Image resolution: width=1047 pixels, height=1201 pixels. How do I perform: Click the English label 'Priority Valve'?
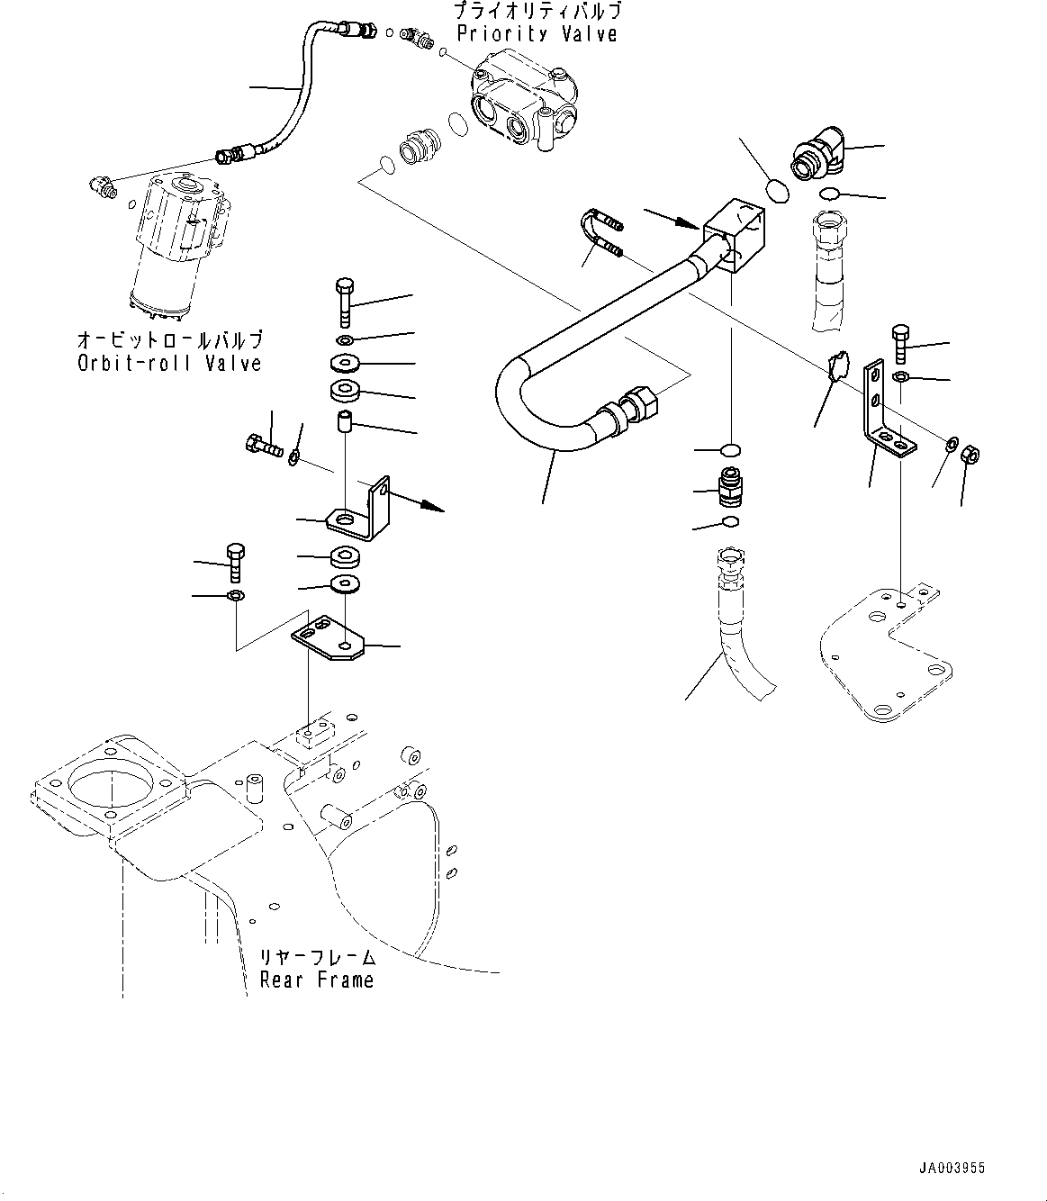coord(537,34)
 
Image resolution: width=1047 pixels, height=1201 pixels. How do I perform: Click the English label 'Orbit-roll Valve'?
coord(168,363)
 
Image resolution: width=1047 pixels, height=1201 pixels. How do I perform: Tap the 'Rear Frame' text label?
coord(316,980)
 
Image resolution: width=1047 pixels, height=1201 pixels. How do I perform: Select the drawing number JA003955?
coord(952,1168)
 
